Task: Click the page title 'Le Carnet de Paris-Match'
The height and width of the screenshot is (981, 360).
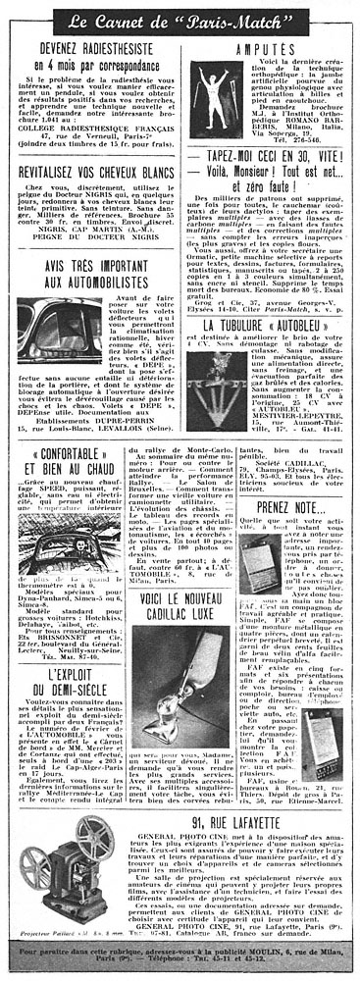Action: tap(179, 17)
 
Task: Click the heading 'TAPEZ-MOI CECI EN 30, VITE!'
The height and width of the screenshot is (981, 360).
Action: tap(275, 183)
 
